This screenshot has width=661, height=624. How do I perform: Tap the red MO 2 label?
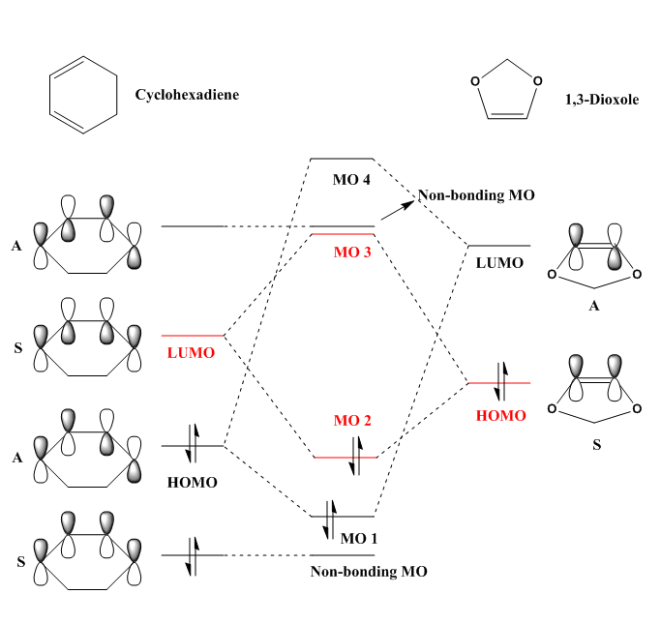[353, 421]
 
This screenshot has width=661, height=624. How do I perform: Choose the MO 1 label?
[358, 537]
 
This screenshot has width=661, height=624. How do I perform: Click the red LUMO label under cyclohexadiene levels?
[192, 353]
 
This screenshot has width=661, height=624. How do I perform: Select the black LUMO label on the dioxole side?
[499, 262]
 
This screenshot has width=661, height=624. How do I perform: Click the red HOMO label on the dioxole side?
[501, 415]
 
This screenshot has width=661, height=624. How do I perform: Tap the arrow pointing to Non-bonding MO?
[397, 209]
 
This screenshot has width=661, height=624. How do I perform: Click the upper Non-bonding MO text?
[476, 196]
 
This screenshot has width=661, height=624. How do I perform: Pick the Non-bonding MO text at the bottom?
[369, 571]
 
